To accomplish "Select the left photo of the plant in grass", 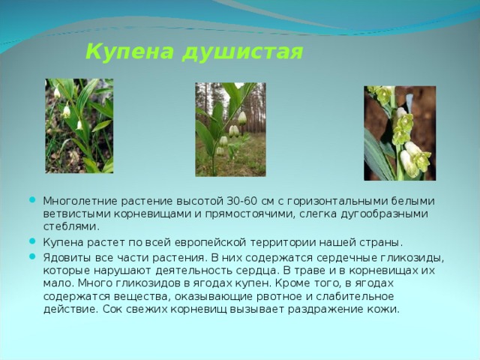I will pos(79,126).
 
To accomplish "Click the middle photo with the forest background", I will pos(230,129).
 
